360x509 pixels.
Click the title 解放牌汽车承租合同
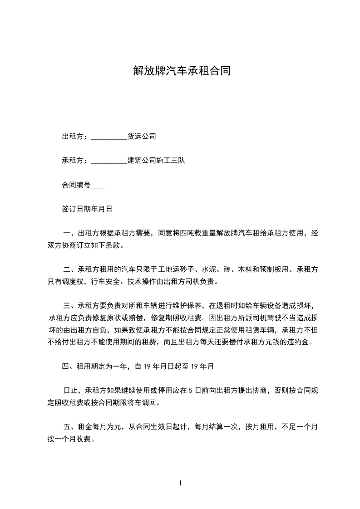(182, 71)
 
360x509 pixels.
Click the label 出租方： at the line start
(76, 136)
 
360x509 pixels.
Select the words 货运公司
(142, 136)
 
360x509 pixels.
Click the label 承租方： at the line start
(76, 161)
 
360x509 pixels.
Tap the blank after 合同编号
(99, 186)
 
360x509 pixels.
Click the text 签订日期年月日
(87, 209)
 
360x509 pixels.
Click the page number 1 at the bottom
(180, 483)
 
